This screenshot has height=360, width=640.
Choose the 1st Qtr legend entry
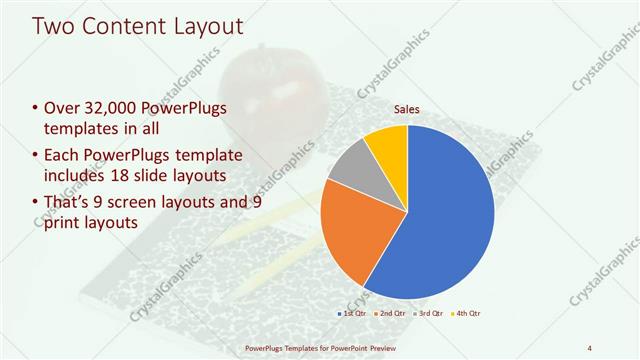click(x=351, y=313)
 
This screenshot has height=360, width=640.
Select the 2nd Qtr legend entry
click(x=391, y=313)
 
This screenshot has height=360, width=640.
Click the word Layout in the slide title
click(x=205, y=26)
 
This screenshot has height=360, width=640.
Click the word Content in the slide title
click(x=119, y=26)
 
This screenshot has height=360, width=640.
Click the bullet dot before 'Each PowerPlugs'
click(x=36, y=156)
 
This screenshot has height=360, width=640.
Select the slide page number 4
click(x=589, y=347)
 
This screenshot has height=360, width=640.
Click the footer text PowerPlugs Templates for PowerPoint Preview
click(x=320, y=347)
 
